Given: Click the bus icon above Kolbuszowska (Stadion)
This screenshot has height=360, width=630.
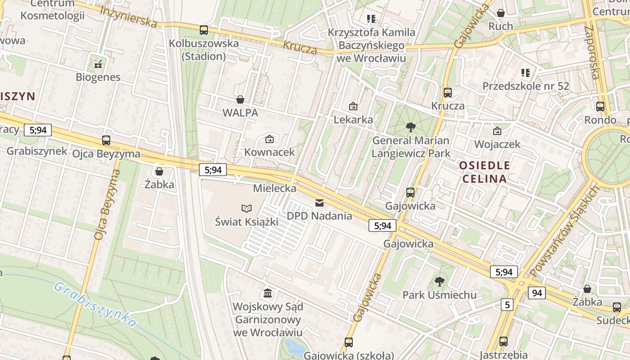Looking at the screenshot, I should pyautogui.click(x=204, y=30).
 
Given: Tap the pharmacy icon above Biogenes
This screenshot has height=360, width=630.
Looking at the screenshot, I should pyautogui.click(x=98, y=64).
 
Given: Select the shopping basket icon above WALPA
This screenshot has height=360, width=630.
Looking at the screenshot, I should pyautogui.click(x=240, y=99).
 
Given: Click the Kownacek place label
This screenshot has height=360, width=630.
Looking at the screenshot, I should pyautogui.click(x=270, y=152).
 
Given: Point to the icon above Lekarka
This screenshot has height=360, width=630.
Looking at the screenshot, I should pyautogui.click(x=353, y=106).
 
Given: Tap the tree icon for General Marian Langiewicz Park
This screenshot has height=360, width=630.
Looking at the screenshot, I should pyautogui.click(x=410, y=127).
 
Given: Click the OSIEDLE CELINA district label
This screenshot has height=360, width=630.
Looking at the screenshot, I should pyautogui.click(x=484, y=172).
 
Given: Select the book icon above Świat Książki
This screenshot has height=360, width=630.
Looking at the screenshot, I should pyautogui.click(x=246, y=208).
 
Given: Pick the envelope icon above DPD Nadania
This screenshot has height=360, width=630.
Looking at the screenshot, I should pyautogui.click(x=319, y=203).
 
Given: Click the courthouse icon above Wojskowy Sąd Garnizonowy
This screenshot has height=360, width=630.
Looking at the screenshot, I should pyautogui.click(x=268, y=293).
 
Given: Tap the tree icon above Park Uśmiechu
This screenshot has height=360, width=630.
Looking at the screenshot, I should pyautogui.click(x=440, y=282).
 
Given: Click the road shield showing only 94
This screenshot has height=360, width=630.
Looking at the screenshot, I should pyautogui.click(x=537, y=293).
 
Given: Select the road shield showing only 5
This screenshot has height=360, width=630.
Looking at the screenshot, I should pyautogui.click(x=507, y=305).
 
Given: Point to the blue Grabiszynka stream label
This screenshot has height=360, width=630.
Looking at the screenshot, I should pyautogui.click(x=95, y=304).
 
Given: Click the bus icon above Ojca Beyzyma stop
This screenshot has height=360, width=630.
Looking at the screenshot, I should pyautogui.click(x=106, y=140).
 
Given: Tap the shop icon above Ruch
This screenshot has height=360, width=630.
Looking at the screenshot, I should pyautogui.click(x=501, y=13).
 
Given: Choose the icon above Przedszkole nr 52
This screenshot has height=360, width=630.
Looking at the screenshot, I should pyautogui.click(x=526, y=72).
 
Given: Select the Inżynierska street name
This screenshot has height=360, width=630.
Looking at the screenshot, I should pyautogui.click(x=128, y=17).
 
